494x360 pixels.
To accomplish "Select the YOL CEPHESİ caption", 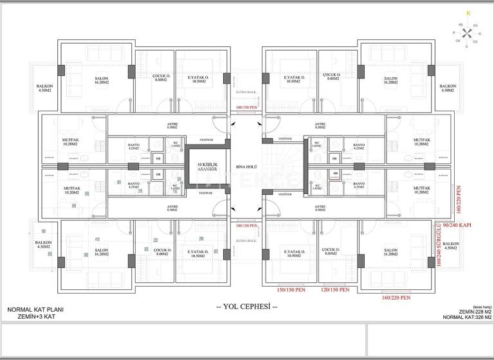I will point(247,307).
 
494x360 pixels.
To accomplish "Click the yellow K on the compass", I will point(468,13).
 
